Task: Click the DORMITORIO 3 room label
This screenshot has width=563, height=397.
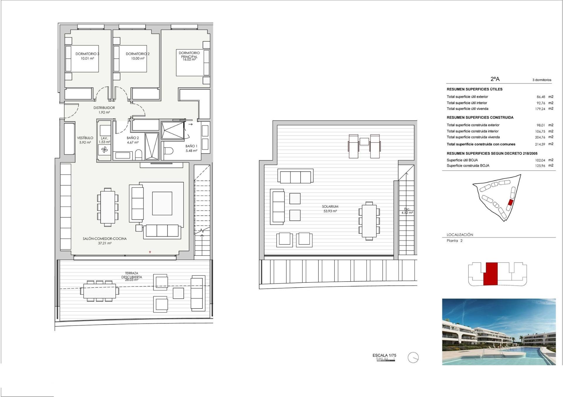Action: pyautogui.click(x=87, y=54)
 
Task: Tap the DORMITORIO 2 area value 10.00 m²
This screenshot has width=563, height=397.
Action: pyautogui.click(x=138, y=59)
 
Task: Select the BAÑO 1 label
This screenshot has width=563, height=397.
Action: pyautogui.click(x=191, y=146)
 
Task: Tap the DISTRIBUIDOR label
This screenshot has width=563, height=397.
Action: pyautogui.click(x=104, y=108)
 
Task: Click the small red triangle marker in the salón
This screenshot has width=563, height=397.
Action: pyautogui.click(x=150, y=252)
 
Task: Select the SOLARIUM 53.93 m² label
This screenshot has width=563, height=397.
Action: pyautogui.click(x=330, y=209)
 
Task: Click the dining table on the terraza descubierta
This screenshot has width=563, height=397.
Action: pyautogui.click(x=99, y=291)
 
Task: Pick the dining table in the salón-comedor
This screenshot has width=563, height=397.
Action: pyautogui.click(x=108, y=207)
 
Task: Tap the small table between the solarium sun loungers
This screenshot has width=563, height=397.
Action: pyautogui.click(x=364, y=142)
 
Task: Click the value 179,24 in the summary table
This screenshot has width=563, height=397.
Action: pyautogui.click(x=540, y=109)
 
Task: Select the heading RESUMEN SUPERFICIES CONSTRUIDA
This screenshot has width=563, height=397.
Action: pyautogui.click(x=480, y=117)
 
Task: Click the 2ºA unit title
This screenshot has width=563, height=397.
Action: pyautogui.click(x=495, y=79)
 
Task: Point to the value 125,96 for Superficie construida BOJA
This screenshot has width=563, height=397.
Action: pyautogui.click(x=540, y=166)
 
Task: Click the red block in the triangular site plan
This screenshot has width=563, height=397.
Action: pyautogui.click(x=511, y=202)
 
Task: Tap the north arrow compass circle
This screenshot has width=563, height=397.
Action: pyautogui.click(x=413, y=357)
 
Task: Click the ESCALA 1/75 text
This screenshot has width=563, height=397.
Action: pyautogui.click(x=384, y=355)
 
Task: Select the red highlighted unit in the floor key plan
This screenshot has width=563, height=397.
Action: pyautogui.click(x=490, y=274)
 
